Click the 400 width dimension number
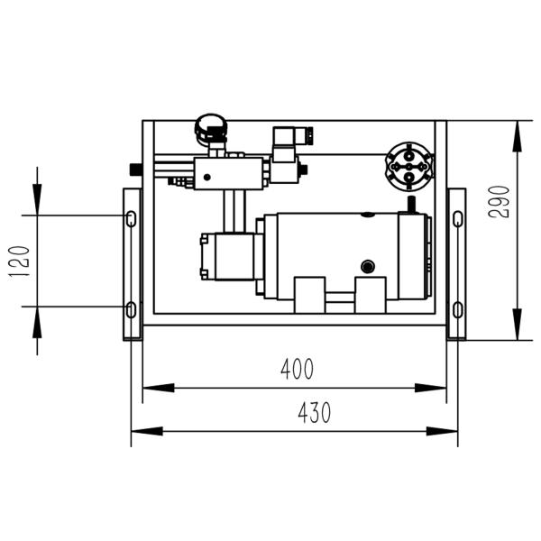point(297,369)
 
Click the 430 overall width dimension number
point(314,413)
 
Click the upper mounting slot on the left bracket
point(132,218)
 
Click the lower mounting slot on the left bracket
point(132,310)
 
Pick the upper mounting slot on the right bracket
point(457,218)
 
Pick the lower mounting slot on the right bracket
point(457,310)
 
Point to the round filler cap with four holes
point(409,164)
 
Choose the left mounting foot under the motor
point(309,294)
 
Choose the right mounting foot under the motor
point(370,294)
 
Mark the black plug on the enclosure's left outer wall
point(136,169)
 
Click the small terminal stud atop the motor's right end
point(410,205)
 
